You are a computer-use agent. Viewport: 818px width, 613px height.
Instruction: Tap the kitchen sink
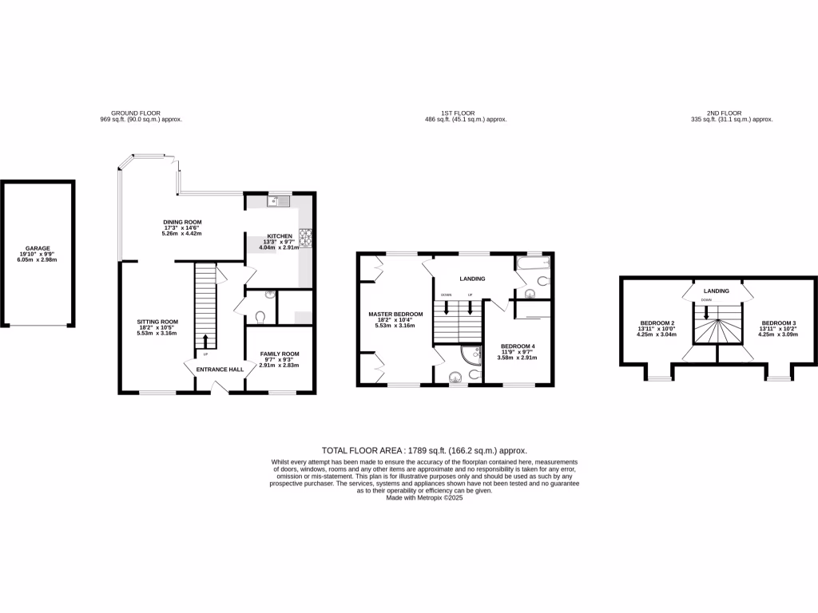278,200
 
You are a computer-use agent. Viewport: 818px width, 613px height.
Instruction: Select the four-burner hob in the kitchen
304,237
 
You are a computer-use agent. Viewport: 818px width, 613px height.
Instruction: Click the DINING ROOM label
182,222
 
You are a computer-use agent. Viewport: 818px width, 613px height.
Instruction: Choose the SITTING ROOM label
157,322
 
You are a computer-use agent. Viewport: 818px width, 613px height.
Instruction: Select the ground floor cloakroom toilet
257,317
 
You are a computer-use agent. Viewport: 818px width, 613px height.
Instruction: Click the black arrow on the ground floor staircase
205,341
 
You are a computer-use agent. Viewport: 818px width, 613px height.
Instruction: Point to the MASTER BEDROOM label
395,314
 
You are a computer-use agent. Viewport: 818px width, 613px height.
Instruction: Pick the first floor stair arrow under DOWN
447,306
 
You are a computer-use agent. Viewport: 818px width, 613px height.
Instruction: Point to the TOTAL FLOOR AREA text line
423,451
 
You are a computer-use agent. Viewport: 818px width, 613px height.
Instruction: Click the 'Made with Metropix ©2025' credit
424,497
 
